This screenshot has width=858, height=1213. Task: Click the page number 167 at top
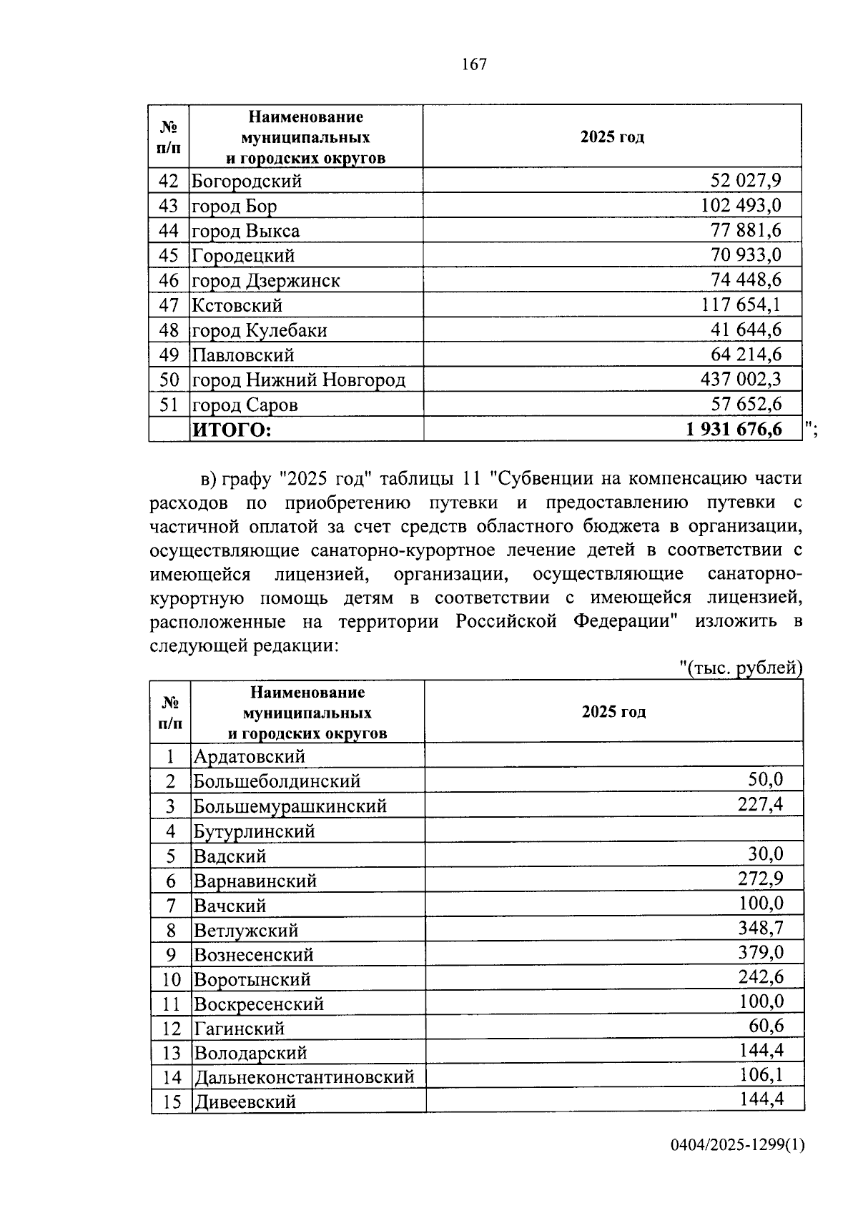coord(474,65)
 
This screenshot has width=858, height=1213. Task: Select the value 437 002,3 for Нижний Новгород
coord(741,380)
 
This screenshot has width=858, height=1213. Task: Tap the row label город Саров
coord(245,405)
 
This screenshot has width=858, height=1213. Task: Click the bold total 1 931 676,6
coord(733,430)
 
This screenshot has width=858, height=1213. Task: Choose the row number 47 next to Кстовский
coord(169,306)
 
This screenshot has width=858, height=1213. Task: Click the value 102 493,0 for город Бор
coord(741,206)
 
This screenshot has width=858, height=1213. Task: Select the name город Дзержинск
coord(265,281)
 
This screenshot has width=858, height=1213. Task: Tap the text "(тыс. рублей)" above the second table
coord(741,668)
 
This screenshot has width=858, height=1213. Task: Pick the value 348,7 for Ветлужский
coord(761,929)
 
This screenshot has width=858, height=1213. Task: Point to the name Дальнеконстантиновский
coord(304,1076)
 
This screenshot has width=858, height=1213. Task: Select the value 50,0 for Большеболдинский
coord(766,780)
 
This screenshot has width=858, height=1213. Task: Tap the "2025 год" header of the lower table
coord(613,712)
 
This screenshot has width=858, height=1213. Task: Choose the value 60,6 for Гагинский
coord(766,1026)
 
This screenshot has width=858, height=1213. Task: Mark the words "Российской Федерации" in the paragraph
coord(567,621)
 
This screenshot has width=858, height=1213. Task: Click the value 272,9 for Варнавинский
coord(761,879)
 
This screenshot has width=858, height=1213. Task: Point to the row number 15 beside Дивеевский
coord(172,1101)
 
